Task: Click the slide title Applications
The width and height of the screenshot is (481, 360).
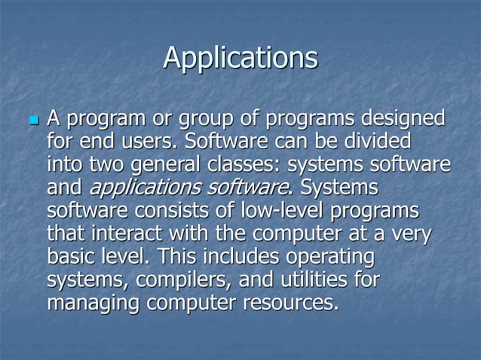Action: coord(240,59)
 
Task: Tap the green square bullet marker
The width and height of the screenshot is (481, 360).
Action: coord(32,121)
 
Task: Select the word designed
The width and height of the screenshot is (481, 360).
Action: coord(404,119)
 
